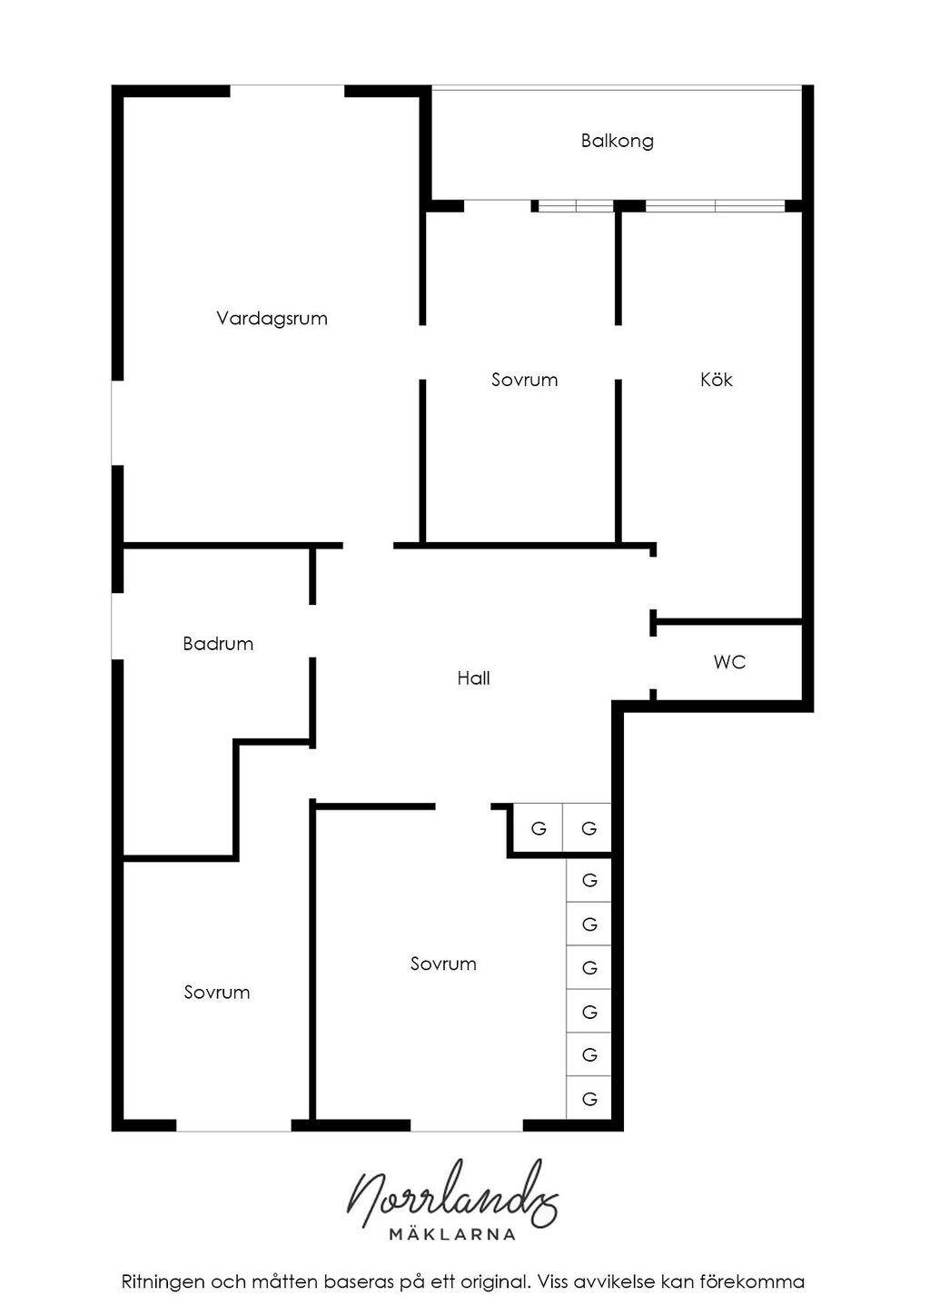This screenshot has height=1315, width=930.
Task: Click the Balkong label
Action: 617,141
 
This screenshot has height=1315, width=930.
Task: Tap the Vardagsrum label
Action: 272,318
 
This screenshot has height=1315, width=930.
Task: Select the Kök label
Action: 717,380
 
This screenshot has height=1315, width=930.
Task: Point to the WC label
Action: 730,662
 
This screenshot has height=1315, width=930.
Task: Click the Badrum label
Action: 218,643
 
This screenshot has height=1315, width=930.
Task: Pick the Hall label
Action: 473,678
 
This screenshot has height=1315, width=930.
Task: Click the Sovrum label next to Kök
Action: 524,380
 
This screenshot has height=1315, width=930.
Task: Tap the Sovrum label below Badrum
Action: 217,992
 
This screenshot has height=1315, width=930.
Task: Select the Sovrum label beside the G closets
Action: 443,964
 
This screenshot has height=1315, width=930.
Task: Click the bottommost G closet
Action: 589,1098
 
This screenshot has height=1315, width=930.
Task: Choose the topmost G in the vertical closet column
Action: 589,880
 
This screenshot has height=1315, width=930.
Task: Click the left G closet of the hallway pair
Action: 538,828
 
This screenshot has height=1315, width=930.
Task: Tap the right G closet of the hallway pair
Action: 588,828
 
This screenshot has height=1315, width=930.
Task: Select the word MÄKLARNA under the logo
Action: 452,1234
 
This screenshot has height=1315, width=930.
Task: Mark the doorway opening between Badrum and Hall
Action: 312,631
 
